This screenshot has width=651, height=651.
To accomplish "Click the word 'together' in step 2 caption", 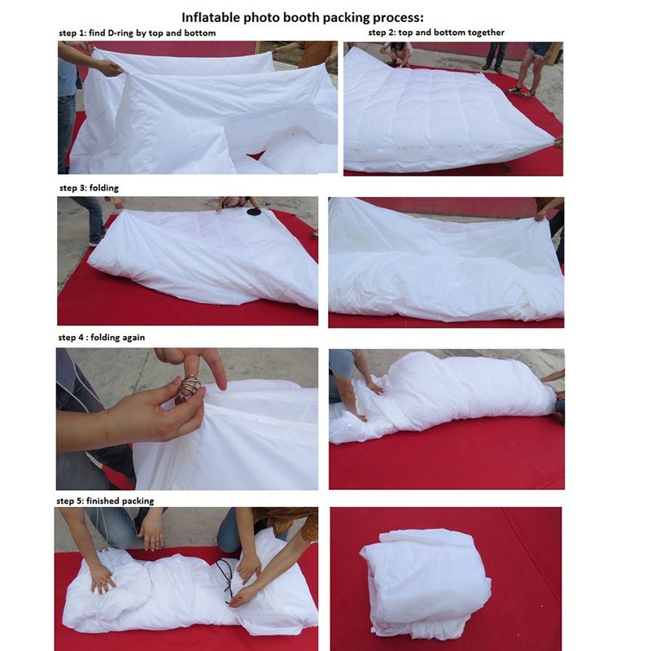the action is point(486,33).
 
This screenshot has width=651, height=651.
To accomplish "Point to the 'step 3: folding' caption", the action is point(89,188).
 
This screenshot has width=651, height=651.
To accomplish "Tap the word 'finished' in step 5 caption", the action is point(103,500).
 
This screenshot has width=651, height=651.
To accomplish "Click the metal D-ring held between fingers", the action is point(190,385).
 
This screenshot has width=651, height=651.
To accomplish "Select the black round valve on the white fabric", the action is point(254,212).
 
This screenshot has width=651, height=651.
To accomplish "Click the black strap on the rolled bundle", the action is point(226,579).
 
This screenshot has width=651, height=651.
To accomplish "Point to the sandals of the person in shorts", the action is point(522,92).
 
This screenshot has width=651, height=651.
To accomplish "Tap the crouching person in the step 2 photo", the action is point(397,53).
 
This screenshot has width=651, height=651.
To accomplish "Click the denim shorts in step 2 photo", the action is point(539,50).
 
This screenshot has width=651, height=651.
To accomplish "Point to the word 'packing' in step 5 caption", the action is point(138,501).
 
